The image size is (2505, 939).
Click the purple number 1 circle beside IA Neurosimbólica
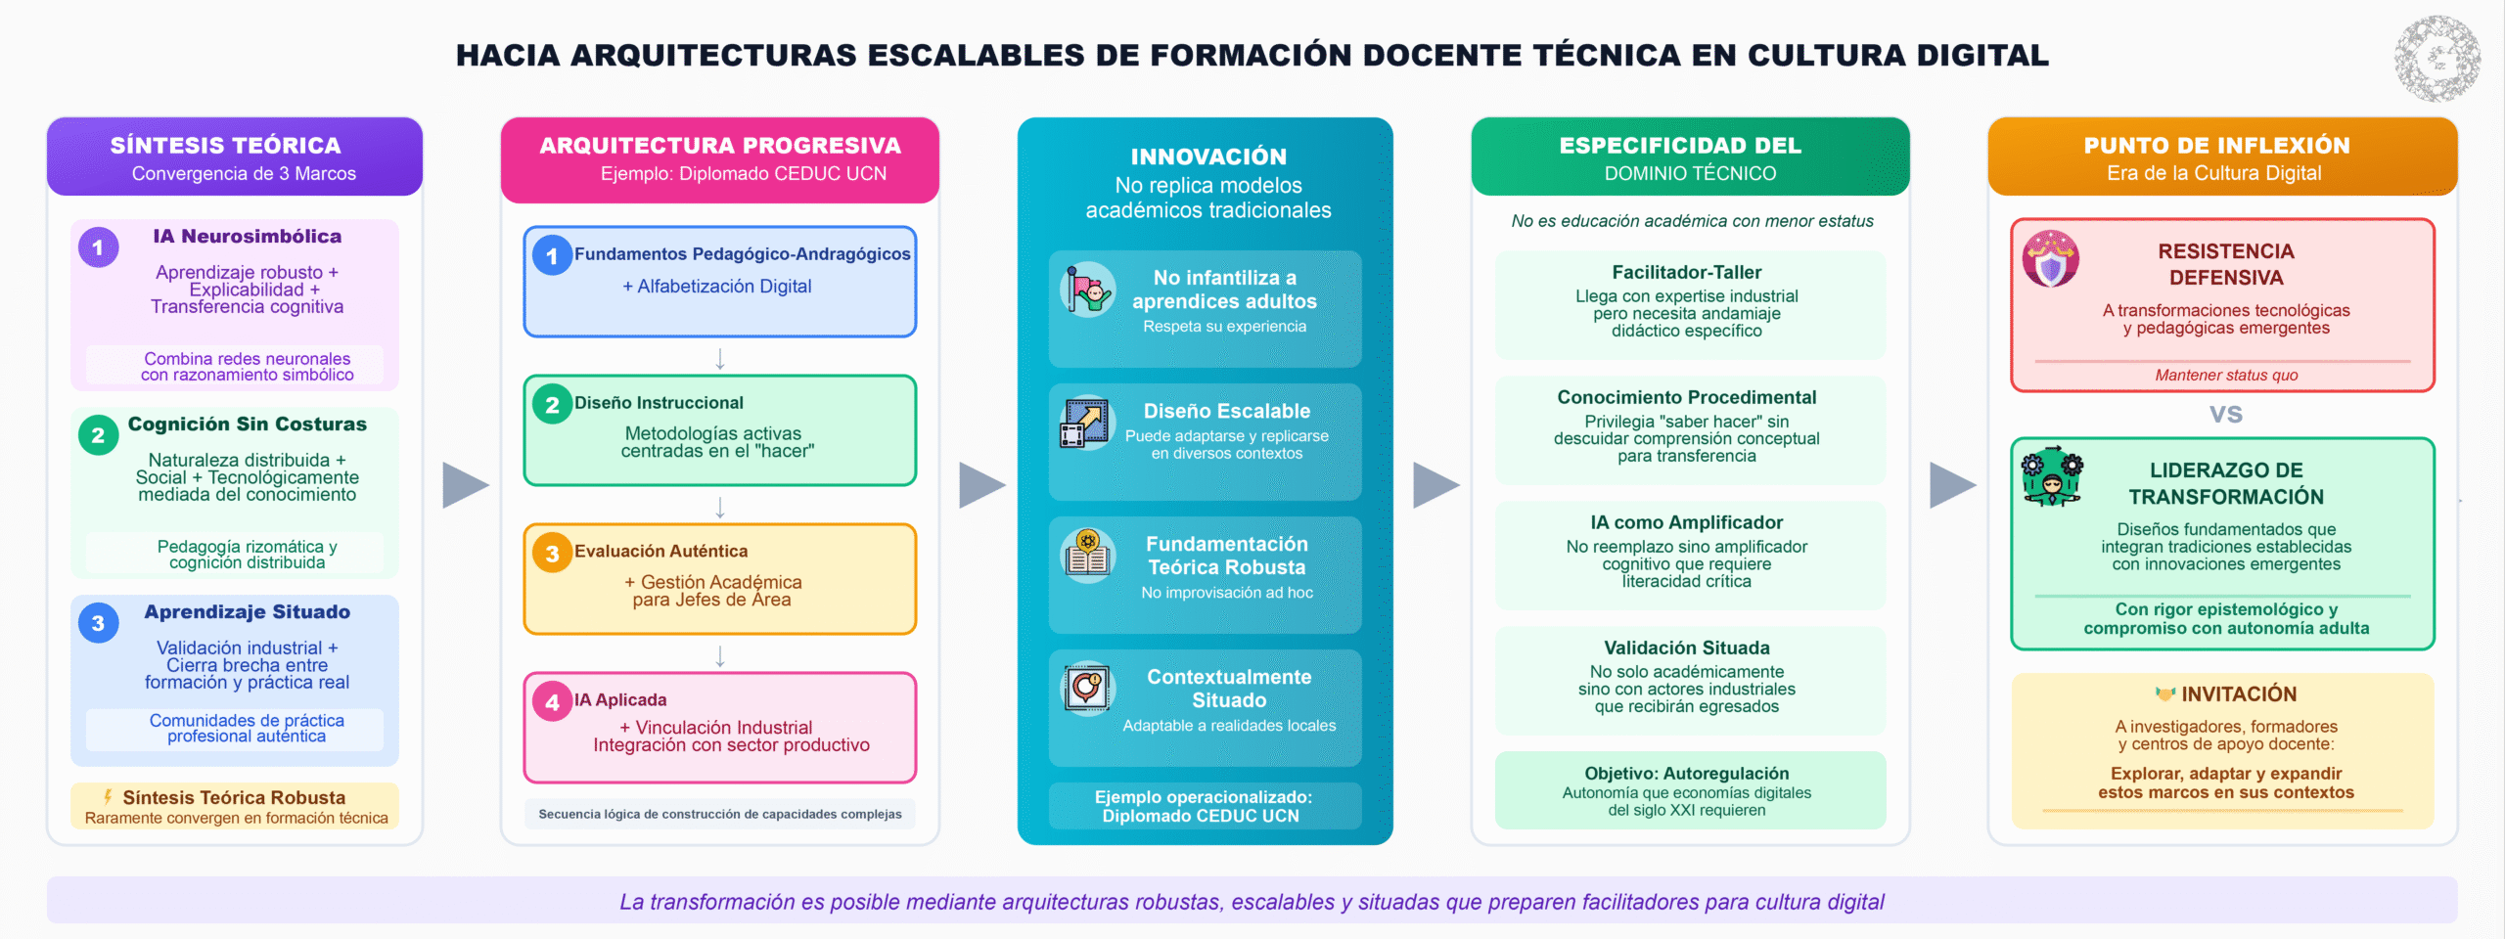(x=98, y=247)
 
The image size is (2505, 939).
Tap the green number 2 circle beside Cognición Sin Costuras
(x=98, y=435)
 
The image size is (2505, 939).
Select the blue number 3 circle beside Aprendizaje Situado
(x=98, y=623)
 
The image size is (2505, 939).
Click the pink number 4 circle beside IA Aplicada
(x=552, y=701)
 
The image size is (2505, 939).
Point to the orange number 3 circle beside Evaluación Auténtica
(x=552, y=554)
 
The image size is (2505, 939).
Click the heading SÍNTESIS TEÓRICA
(x=225, y=146)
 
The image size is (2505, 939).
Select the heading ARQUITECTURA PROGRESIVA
(x=720, y=146)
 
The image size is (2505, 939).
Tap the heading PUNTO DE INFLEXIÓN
(x=2216, y=146)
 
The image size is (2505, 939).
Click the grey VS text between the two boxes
(x=2225, y=415)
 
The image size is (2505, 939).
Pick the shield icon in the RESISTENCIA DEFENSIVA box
(x=2051, y=259)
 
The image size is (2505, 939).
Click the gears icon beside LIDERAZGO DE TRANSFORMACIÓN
(x=2051, y=475)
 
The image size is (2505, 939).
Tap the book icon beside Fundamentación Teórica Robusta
(x=1087, y=556)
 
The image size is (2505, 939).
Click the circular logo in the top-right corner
(x=2437, y=59)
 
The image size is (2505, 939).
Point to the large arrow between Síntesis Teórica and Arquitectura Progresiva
(x=465, y=485)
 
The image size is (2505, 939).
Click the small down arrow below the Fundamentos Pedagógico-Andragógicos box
(x=720, y=359)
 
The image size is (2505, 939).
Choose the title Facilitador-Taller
(x=1686, y=273)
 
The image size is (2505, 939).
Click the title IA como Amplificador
(x=1686, y=523)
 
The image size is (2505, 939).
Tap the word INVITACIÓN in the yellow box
(x=2239, y=694)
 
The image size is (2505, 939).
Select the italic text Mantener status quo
(x=2225, y=376)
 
